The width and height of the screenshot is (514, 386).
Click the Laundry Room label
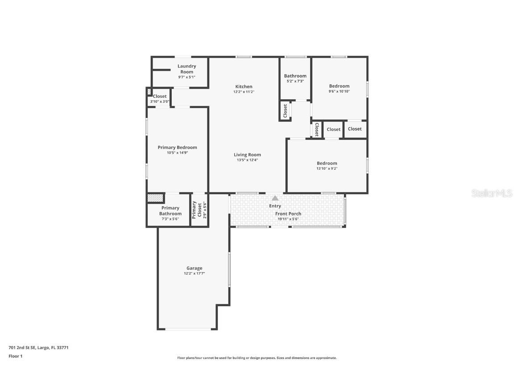click(187, 69)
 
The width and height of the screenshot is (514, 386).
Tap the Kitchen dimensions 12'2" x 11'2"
click(244, 92)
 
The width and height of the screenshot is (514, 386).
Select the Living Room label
click(247, 155)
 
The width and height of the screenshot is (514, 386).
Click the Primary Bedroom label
click(177, 147)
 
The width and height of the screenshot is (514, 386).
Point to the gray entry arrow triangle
click(275, 198)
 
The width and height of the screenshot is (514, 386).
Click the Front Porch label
click(288, 214)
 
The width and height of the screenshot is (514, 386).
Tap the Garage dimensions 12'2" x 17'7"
click(194, 273)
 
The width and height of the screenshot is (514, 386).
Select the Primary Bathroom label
click(170, 210)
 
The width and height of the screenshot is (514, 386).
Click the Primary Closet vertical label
click(195, 210)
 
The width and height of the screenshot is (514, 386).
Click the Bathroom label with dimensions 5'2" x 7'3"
click(295, 76)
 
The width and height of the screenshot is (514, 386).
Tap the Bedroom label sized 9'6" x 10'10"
click(339, 86)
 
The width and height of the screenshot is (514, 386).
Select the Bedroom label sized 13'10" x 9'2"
click(327, 164)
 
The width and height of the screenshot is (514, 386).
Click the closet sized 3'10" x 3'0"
click(160, 96)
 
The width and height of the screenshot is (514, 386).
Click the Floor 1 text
click(15, 356)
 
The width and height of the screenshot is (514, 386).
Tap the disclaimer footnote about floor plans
click(257, 358)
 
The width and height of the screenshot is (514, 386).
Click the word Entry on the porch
click(275, 206)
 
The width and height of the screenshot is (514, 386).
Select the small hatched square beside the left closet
click(149, 92)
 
